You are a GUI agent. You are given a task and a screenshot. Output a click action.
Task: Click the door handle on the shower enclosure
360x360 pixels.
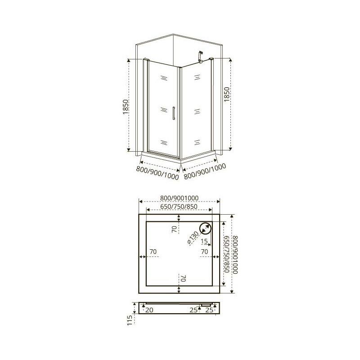pyautogui.click(x=174, y=113)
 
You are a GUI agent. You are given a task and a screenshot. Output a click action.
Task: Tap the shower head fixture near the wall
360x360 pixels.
pyautogui.click(x=200, y=57)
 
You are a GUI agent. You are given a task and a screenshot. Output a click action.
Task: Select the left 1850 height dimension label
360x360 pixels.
pyautogui.click(x=126, y=107)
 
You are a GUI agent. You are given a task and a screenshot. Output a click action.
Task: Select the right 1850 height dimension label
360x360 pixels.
pyautogui.click(x=227, y=94)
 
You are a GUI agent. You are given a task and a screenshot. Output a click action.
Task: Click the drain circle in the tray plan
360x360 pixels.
pyautogui.click(x=205, y=229)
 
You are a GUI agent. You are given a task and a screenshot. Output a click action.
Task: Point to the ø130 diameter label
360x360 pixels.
pyautogui.click(x=193, y=238)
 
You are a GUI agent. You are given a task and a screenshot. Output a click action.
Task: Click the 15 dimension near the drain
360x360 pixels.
pyautogui.click(x=204, y=241)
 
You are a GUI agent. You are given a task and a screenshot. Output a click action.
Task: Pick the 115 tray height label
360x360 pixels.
pyautogui.click(x=130, y=320)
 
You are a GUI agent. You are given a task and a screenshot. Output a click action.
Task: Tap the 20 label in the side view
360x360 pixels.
pyautogui.click(x=149, y=310)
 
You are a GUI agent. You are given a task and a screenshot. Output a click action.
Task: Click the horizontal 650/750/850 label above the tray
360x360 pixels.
pyautogui.click(x=179, y=207)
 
